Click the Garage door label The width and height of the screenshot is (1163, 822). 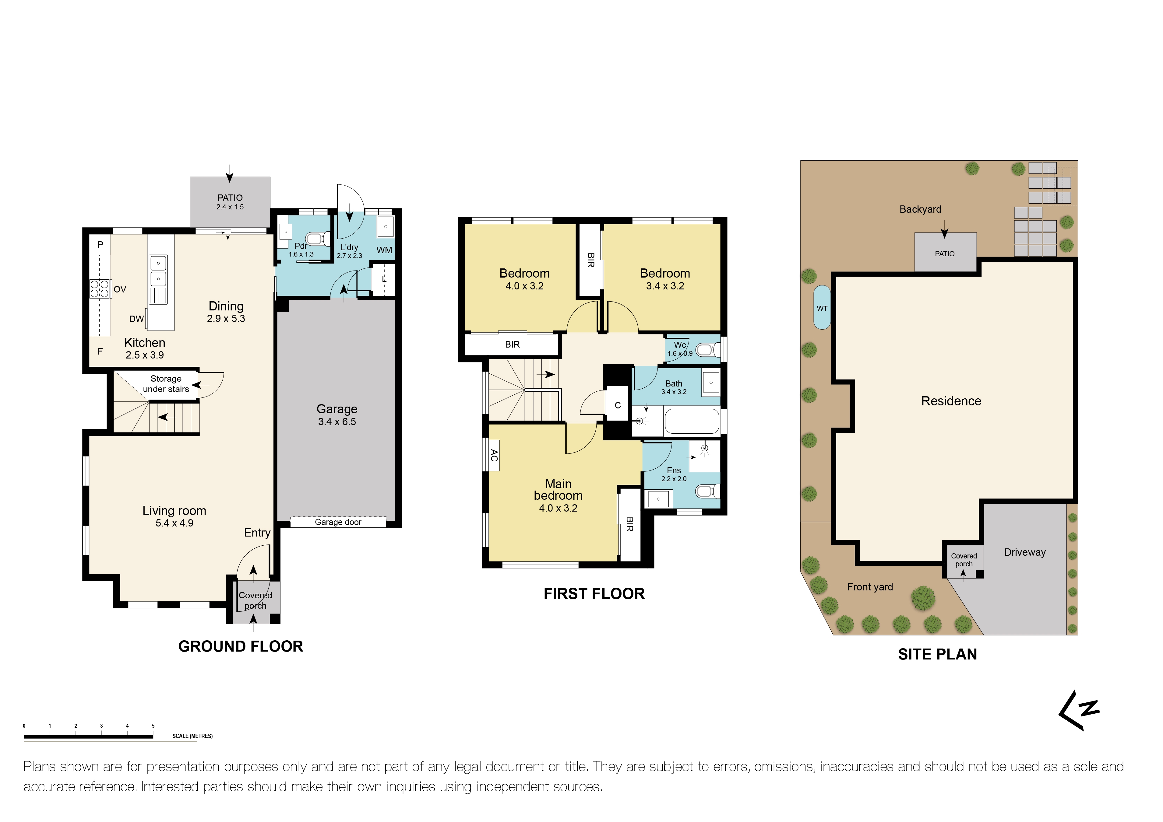338,522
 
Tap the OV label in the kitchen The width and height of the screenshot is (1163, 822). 120,289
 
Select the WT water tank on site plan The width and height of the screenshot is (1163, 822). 822,308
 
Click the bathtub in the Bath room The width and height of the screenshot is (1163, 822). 691,421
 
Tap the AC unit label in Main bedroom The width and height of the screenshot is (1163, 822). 494,456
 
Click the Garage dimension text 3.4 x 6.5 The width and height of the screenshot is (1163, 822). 337,421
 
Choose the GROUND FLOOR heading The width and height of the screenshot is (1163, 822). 241,646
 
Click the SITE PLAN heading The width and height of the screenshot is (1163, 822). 937,654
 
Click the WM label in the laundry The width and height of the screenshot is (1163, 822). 384,250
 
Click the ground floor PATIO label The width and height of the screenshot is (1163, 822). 230,198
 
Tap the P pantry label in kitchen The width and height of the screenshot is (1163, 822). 100,244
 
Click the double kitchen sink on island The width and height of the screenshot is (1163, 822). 158,271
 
